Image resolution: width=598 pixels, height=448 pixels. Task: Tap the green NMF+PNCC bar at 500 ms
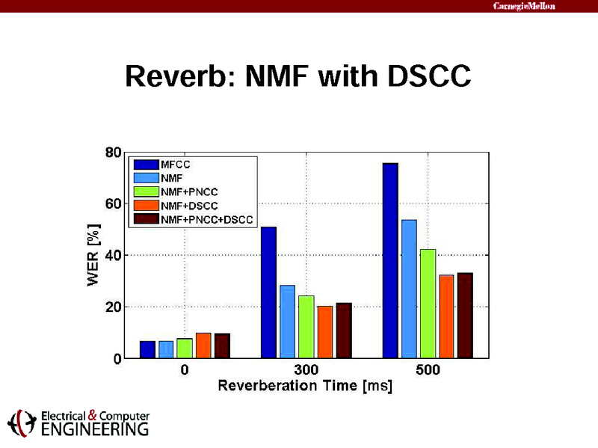(x=428, y=303)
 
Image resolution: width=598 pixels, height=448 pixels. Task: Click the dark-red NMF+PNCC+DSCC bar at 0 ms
(x=222, y=346)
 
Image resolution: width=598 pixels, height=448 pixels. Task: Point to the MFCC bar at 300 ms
(x=268, y=292)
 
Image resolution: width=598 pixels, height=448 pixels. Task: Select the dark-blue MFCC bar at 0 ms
(x=147, y=349)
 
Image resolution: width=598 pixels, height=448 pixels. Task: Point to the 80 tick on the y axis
(x=112, y=152)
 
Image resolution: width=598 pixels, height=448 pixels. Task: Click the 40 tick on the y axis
(x=112, y=255)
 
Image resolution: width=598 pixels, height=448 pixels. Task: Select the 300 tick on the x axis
(x=306, y=370)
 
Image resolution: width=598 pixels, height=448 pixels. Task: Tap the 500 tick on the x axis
(x=428, y=370)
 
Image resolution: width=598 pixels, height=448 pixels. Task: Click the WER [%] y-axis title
(x=94, y=255)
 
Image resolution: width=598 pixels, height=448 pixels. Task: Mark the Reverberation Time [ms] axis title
(x=305, y=387)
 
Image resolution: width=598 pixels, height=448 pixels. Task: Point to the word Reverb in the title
(x=179, y=76)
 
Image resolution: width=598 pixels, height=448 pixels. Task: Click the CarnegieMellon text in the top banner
(x=528, y=6)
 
